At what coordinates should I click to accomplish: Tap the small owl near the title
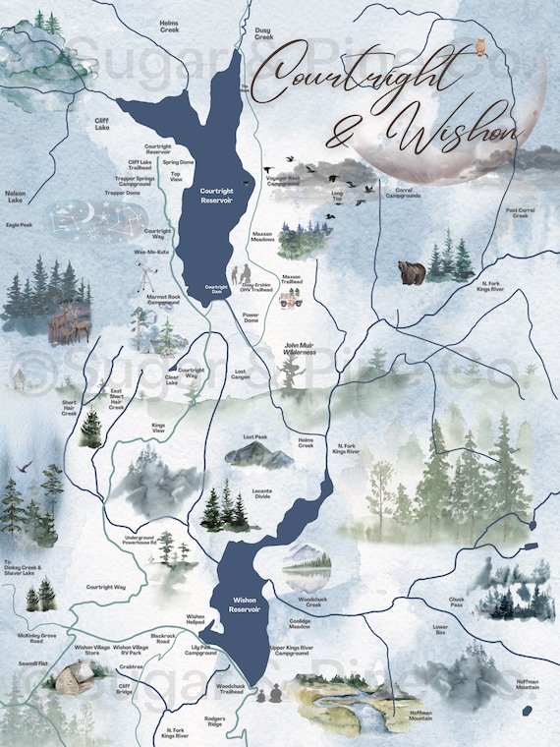(x=480, y=45)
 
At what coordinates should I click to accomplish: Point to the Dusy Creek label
(x=262, y=33)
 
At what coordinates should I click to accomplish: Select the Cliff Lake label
(x=101, y=124)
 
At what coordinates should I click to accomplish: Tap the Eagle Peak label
(x=19, y=224)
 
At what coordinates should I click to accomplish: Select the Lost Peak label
(x=255, y=435)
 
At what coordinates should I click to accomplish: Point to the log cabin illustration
(x=71, y=678)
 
